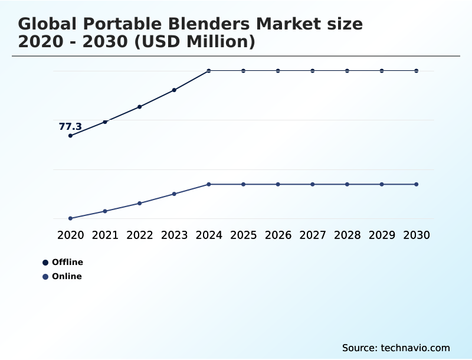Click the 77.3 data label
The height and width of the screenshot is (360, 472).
point(70,126)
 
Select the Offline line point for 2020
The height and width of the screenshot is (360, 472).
point(71,136)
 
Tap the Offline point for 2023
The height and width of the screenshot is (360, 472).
point(174,90)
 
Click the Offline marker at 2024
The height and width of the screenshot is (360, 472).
point(209,71)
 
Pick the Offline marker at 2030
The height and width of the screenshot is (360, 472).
point(417,71)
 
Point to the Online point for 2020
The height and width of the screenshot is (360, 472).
point(71,218)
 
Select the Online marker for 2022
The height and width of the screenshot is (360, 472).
point(140,203)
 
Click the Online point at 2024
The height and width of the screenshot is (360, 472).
point(209,184)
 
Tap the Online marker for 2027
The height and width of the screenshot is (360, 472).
point(313,184)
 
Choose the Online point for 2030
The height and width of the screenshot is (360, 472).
point(417,184)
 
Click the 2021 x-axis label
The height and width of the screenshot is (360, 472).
point(105,235)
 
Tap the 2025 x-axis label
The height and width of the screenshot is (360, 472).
point(243,235)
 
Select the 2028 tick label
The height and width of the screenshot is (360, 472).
point(347,235)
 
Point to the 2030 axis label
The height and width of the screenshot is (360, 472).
point(417,235)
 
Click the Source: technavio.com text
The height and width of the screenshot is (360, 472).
point(396,348)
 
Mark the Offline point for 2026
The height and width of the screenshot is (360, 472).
point(278,71)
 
